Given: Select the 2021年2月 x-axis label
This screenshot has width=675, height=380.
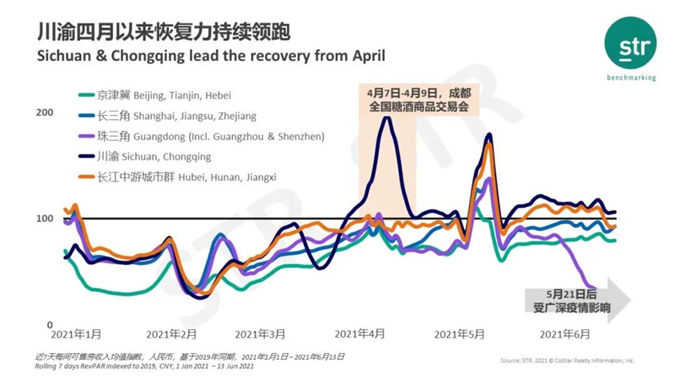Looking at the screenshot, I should (170, 335).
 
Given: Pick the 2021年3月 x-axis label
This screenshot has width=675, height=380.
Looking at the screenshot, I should (260, 335).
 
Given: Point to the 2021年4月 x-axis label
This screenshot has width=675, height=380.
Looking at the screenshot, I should (360, 335).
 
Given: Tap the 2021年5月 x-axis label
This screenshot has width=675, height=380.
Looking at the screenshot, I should (459, 335).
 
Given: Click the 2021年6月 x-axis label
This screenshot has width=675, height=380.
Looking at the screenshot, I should (564, 335).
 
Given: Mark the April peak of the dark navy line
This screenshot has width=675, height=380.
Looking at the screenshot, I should (386, 117).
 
